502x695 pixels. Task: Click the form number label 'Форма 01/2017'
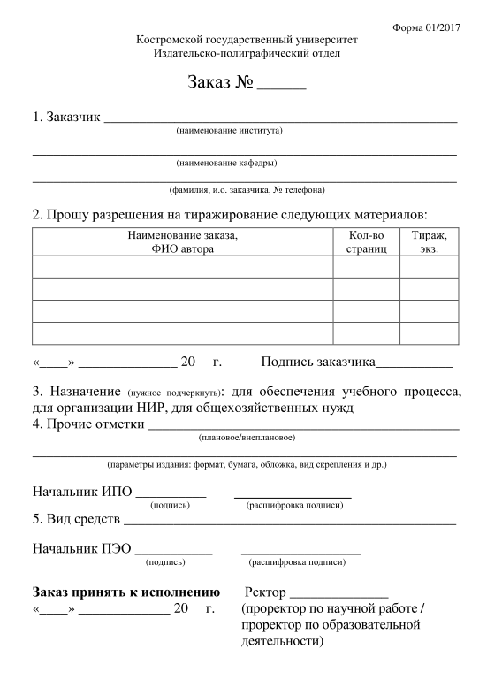[427, 27]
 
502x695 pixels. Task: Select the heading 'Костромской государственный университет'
[247, 41]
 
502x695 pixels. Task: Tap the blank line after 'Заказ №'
[281, 87]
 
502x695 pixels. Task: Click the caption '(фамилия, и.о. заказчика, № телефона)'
[247, 190]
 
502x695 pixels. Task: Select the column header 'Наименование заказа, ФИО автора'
[183, 242]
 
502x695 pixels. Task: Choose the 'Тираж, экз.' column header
[430, 242]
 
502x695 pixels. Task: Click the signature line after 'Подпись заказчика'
[415, 365]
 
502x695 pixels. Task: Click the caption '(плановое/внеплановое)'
[247, 438]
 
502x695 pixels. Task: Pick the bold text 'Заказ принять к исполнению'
[125, 591]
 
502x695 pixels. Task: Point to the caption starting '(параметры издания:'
[247, 464]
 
